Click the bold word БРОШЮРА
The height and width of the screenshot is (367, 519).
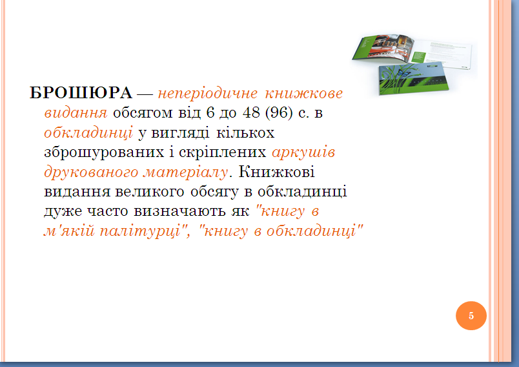pyautogui.click(x=81, y=93)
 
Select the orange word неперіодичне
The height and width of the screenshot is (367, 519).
pyautogui.click(x=207, y=94)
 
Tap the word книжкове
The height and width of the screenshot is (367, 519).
pyautogui.click(x=303, y=93)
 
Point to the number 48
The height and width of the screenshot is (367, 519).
pyautogui.click(x=251, y=112)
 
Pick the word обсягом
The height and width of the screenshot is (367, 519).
pyautogui.click(x=143, y=113)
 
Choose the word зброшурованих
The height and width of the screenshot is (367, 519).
pyautogui.click(x=104, y=152)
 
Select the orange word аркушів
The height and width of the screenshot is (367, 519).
pyautogui.click(x=303, y=152)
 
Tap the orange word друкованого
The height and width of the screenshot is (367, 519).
pyautogui.click(x=91, y=173)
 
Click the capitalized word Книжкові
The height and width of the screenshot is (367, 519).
pyautogui.click(x=277, y=172)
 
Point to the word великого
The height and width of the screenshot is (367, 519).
pyautogui.click(x=150, y=191)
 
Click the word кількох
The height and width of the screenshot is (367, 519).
pyautogui.click(x=245, y=133)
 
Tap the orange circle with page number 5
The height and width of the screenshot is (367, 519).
pyautogui.click(x=471, y=315)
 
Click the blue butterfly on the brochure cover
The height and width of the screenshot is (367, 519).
pyautogui.click(x=403, y=72)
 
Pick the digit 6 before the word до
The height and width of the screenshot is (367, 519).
pyautogui.click(x=210, y=112)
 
